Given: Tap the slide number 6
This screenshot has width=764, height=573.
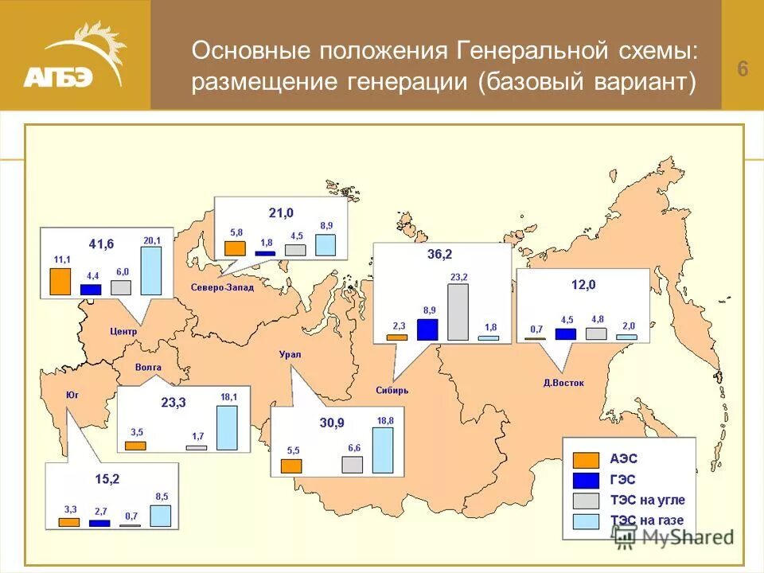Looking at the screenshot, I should [742, 69].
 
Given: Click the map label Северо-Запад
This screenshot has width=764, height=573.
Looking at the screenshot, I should [222, 287].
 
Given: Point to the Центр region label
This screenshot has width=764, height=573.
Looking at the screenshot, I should [123, 331].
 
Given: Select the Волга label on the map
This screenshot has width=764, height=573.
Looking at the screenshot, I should [148, 368].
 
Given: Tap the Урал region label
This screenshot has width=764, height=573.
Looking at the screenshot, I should [290, 354].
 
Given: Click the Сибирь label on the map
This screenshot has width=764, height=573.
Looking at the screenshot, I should [392, 390].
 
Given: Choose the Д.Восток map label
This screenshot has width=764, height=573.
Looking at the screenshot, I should [563, 383].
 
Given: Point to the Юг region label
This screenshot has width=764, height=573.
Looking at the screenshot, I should [72, 393].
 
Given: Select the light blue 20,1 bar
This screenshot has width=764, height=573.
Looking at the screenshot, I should [151, 271].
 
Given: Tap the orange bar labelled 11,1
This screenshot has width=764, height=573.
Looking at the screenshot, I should [60, 281].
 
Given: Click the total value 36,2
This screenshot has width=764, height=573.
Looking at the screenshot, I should [439, 255].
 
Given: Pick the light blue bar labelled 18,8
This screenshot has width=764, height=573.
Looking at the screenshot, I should [383, 450].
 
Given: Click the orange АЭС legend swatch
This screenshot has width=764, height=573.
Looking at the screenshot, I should [587, 459].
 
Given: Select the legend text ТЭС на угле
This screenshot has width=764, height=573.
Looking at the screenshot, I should [647, 500].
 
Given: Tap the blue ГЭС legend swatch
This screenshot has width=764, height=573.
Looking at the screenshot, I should [587, 479].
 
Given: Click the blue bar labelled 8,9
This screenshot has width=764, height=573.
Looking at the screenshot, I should [427, 329].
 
